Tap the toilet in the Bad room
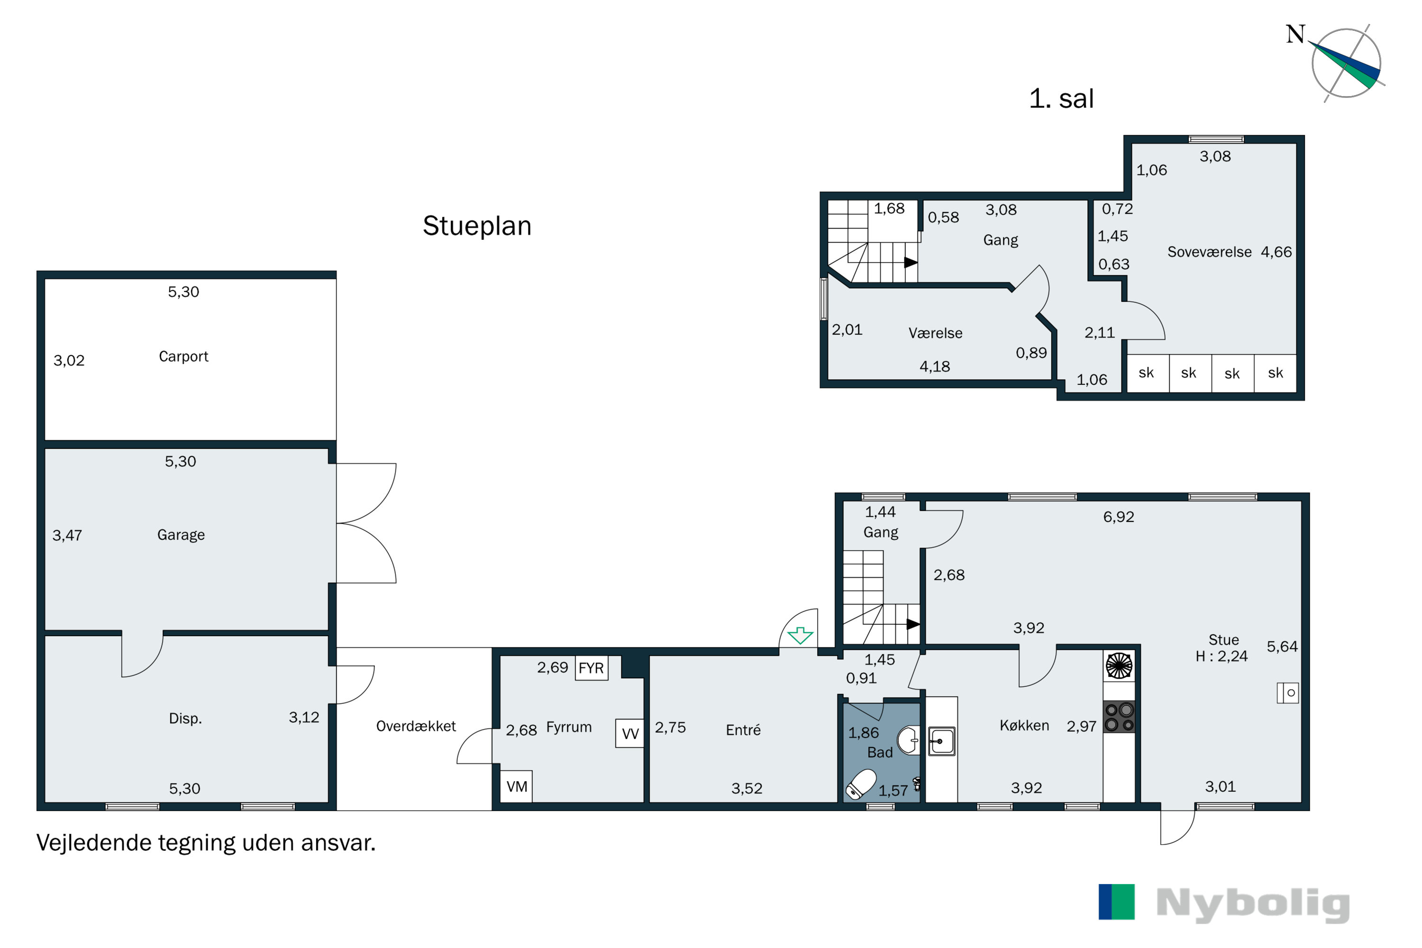(x=861, y=784)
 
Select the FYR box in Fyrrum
(x=591, y=668)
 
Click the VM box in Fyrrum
(x=516, y=786)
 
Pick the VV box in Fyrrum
(x=629, y=733)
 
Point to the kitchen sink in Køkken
(x=941, y=741)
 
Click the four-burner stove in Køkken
(x=1119, y=717)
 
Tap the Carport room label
(x=183, y=357)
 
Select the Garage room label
(x=181, y=535)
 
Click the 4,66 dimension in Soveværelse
(x=1276, y=252)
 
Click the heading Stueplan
(x=476, y=226)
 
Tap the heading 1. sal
(x=1061, y=99)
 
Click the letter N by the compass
(x=1295, y=35)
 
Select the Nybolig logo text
(x=1252, y=905)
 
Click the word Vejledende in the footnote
(x=92, y=843)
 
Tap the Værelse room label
(x=935, y=333)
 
